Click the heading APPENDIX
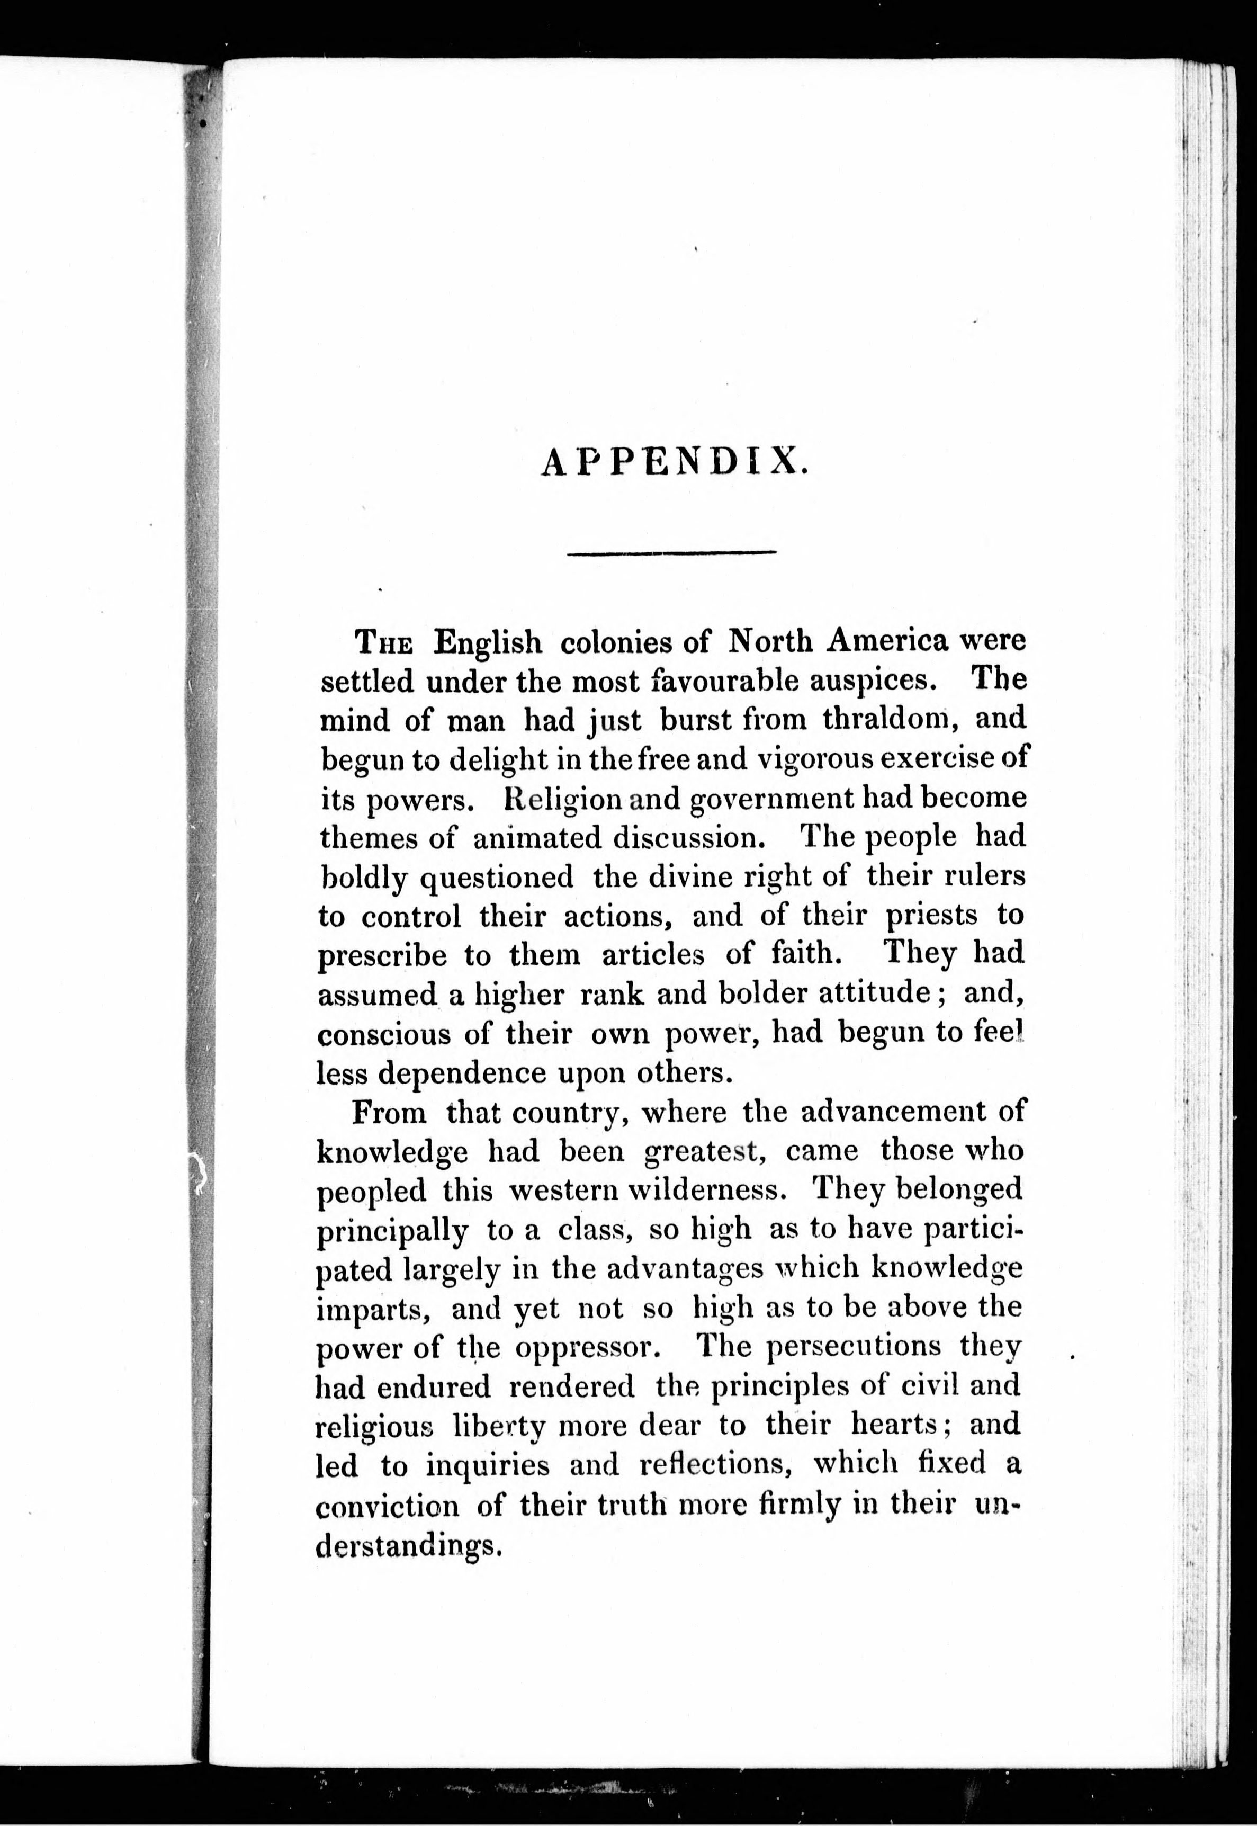pyautogui.click(x=674, y=462)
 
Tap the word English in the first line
pyautogui.click(x=488, y=642)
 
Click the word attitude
pyautogui.click(x=874, y=992)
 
